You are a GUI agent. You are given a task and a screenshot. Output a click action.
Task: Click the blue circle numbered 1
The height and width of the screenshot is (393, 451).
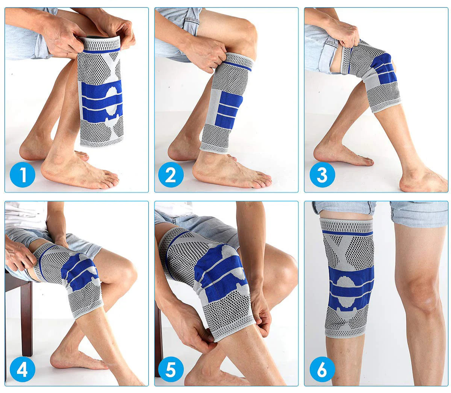23,174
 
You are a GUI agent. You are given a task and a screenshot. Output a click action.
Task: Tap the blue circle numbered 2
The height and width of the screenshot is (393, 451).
171,174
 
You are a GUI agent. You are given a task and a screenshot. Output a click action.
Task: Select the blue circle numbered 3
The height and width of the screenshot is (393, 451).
322,174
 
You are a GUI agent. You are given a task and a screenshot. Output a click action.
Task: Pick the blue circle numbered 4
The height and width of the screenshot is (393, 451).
23,369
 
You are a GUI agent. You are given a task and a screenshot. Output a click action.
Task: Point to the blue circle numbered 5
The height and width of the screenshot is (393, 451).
171,369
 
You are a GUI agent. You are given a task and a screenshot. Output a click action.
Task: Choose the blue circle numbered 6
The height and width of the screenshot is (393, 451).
322,369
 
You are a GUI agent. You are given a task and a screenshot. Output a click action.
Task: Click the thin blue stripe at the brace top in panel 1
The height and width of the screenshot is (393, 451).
102,51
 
